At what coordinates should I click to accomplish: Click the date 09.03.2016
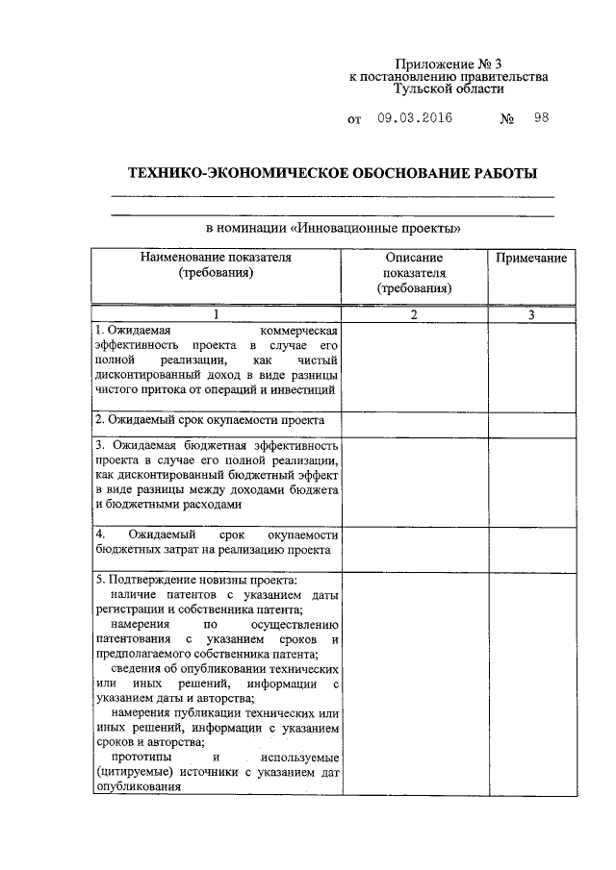coord(415,119)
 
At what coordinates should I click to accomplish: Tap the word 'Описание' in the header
coord(414,259)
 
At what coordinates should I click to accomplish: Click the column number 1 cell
coord(216,314)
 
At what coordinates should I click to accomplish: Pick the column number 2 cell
coord(414,314)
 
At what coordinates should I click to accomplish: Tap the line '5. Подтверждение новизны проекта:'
coord(195,580)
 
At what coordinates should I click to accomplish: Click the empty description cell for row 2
coord(414,421)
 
